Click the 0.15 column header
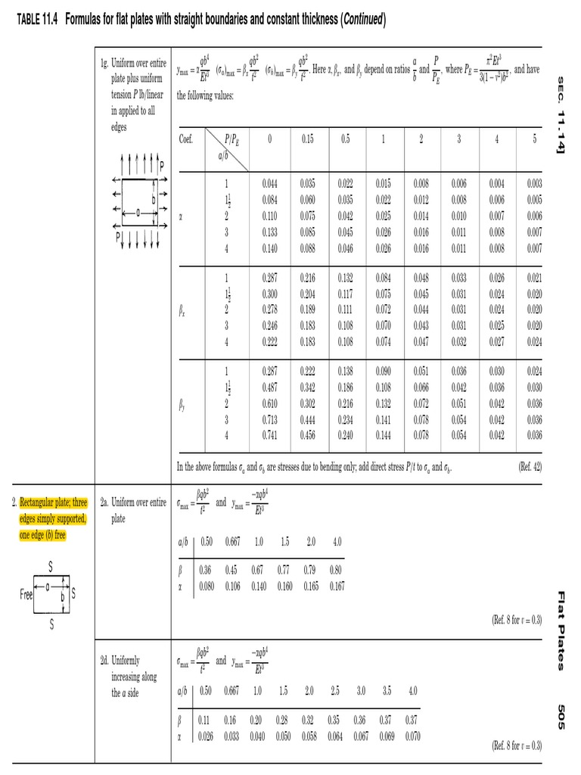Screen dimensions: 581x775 coord(307,139)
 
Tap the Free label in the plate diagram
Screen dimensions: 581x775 coord(26,594)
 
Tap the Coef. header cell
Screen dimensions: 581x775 coord(185,139)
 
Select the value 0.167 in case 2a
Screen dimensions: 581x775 coord(337,586)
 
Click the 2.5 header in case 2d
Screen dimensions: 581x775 coord(334,691)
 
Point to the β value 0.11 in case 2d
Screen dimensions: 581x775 coord(205,721)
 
